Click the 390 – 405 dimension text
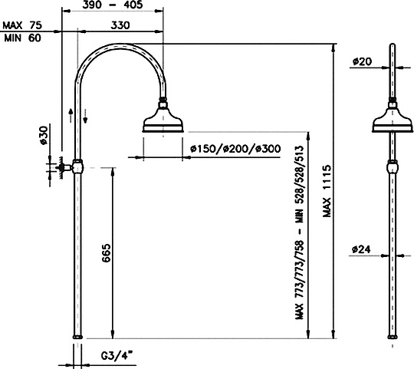pyautogui.click(x=113, y=5)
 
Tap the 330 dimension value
pyautogui.click(x=120, y=25)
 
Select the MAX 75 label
pyautogui.click(x=22, y=25)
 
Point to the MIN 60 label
pyautogui.click(x=23, y=38)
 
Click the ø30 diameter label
pyautogui.click(x=44, y=135)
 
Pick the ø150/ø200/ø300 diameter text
pyautogui.click(x=235, y=149)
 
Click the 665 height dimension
pyautogui.click(x=106, y=253)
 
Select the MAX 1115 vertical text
pyautogui.click(x=327, y=191)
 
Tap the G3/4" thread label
pyautogui.click(x=117, y=356)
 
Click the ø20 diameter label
pyautogui.click(x=362, y=62)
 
